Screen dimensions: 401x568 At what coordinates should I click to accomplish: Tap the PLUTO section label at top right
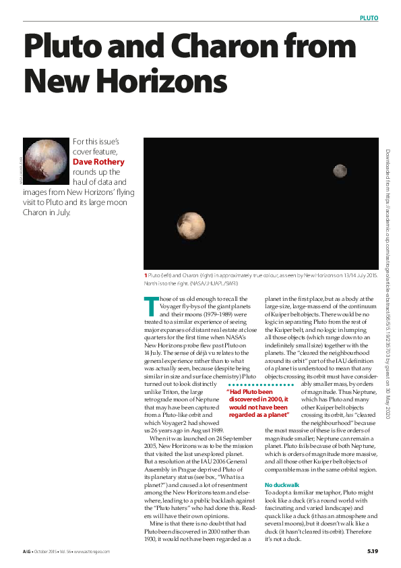[x=369, y=18]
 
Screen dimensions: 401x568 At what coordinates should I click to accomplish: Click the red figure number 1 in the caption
[x=145, y=276]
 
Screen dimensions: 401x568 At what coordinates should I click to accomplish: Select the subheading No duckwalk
[x=282, y=486]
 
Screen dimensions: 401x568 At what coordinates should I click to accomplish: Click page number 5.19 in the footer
[x=372, y=552]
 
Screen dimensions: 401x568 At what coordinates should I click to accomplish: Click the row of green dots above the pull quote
[x=260, y=385]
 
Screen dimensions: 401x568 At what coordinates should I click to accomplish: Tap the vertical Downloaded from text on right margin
[x=389, y=283]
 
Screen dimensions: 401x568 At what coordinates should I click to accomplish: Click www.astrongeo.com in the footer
[x=91, y=552]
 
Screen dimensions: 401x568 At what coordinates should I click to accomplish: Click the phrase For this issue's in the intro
[x=96, y=142]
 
